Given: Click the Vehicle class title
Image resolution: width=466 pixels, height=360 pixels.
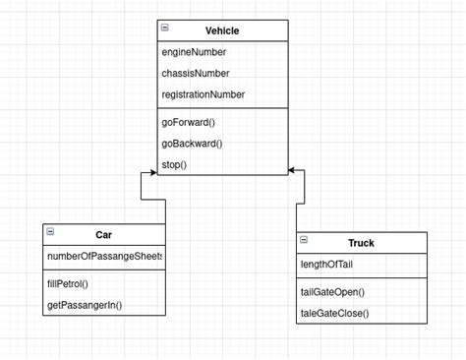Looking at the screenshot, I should coord(221,30).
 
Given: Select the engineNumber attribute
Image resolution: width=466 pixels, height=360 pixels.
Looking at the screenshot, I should coord(193,51).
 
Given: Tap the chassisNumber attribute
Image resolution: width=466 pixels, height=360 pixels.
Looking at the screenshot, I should coord(196,73).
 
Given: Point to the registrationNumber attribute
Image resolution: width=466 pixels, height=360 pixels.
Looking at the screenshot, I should coord(203,94).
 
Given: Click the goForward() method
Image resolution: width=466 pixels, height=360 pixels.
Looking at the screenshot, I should coord(188,122).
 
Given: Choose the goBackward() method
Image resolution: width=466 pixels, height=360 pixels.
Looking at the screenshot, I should coord(192,144).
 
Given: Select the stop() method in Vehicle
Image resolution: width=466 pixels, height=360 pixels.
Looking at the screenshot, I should coord(174,165).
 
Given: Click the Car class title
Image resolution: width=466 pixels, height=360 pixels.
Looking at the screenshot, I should coord(104,235).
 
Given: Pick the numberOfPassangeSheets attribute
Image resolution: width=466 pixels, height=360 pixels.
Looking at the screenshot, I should coord(104,256).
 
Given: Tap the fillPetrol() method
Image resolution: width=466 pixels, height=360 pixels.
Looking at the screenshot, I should coord(68,283).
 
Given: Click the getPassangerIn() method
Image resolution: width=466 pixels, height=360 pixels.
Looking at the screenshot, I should coord(85,305).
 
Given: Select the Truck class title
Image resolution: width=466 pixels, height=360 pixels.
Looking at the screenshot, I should coord(361,243).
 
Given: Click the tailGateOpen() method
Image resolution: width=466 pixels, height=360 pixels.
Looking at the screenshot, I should coord(332,292).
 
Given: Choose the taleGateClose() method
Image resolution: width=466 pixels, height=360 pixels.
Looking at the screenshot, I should coord(334,313).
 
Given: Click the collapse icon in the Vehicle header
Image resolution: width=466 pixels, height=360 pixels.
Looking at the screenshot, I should coord(164,29).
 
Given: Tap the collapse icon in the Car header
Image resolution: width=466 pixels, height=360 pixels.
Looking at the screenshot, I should coord(50,232).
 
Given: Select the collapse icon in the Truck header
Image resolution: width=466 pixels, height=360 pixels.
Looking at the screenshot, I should coord(304,240).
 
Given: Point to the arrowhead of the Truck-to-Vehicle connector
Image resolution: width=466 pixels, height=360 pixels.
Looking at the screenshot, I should coord(294,172).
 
